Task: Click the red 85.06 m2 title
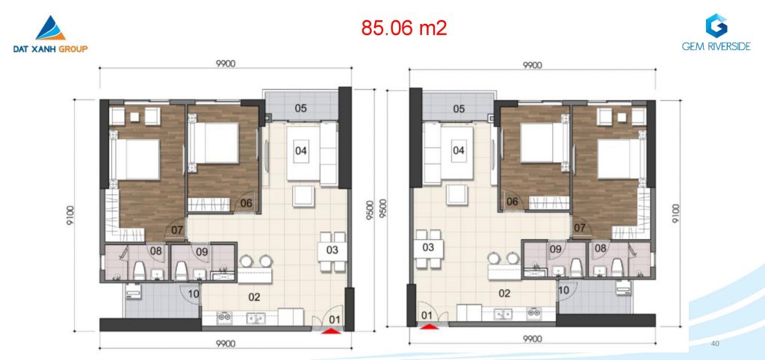click(404, 28)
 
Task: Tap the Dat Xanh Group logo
click(51, 34)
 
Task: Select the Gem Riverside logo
click(716, 32)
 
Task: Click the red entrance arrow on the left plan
click(331, 331)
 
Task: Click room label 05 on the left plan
click(301, 108)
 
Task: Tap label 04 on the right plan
click(459, 150)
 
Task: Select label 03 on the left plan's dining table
click(332, 250)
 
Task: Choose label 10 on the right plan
click(563, 291)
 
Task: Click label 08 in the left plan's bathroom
click(156, 252)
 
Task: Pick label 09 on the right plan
click(556, 249)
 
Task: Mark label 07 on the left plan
click(177, 229)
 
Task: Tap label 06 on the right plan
click(512, 202)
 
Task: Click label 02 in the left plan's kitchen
click(254, 297)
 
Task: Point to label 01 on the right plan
click(427, 316)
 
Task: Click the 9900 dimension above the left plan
click(226, 64)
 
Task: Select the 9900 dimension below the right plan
click(532, 338)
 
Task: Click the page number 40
click(715, 344)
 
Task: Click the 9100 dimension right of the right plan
click(675, 213)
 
